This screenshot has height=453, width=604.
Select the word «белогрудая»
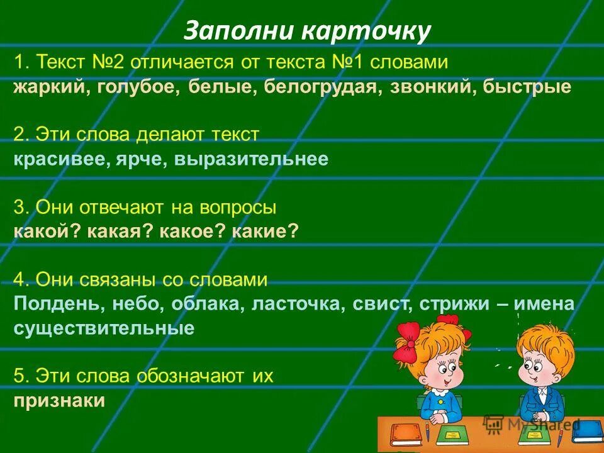tap(318, 87)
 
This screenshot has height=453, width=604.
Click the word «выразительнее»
tap(254, 159)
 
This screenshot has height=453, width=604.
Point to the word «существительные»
tap(104, 328)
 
